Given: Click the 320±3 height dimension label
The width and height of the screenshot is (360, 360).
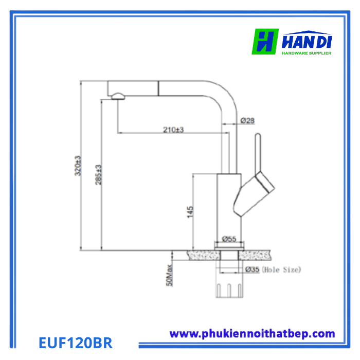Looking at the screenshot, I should pyautogui.click(x=78, y=165).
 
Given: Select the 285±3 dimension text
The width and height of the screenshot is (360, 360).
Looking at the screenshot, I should pyautogui.click(x=98, y=174).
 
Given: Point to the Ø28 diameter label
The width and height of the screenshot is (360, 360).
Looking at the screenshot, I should pyautogui.click(x=248, y=121).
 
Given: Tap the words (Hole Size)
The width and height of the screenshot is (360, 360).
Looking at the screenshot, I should pyautogui.click(x=281, y=269).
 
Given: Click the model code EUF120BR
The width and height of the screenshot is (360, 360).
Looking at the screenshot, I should pyautogui.click(x=75, y=342).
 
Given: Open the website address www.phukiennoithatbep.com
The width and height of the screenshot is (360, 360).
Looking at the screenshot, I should pyautogui.click(x=252, y=334).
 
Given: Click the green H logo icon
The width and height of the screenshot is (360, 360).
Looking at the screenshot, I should pyautogui.click(x=265, y=42).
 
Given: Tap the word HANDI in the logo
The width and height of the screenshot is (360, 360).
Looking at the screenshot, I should pyautogui.click(x=307, y=40).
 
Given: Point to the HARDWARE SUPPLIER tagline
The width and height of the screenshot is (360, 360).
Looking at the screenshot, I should pyautogui.click(x=307, y=52).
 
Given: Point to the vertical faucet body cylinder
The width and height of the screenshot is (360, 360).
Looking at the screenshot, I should pyautogui.click(x=229, y=211).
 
